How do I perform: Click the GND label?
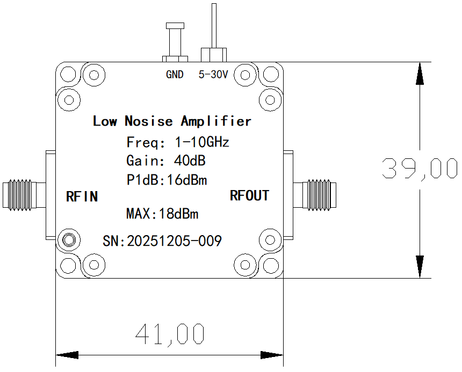click(x=175, y=75)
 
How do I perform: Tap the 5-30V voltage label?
click(x=214, y=75)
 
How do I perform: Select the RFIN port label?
click(x=82, y=196)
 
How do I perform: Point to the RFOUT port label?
click(x=249, y=195)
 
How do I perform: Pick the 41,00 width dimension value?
click(x=170, y=334)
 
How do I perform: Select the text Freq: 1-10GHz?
click(x=178, y=143)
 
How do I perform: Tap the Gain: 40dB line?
click(x=166, y=161)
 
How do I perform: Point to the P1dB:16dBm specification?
click(x=167, y=180)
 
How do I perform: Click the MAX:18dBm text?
click(x=162, y=214)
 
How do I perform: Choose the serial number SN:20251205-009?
click(x=162, y=242)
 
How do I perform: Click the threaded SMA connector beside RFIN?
click(x=20, y=194)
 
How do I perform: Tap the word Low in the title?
click(x=105, y=121)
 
